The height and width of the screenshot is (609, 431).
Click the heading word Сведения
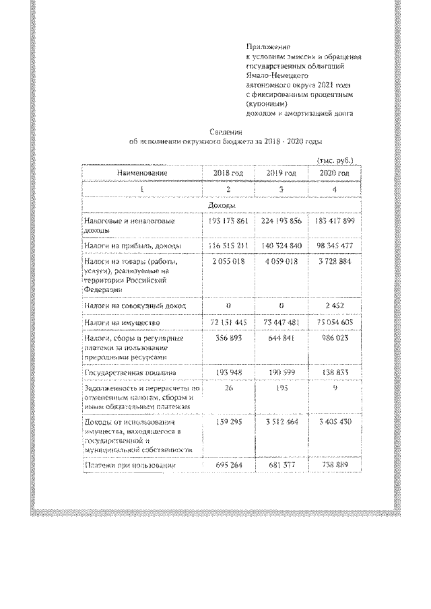click(225, 133)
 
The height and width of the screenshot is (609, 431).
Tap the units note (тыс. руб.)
click(334, 161)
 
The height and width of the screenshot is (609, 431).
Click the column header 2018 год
click(227, 174)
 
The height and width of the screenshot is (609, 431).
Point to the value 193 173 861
click(227, 221)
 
